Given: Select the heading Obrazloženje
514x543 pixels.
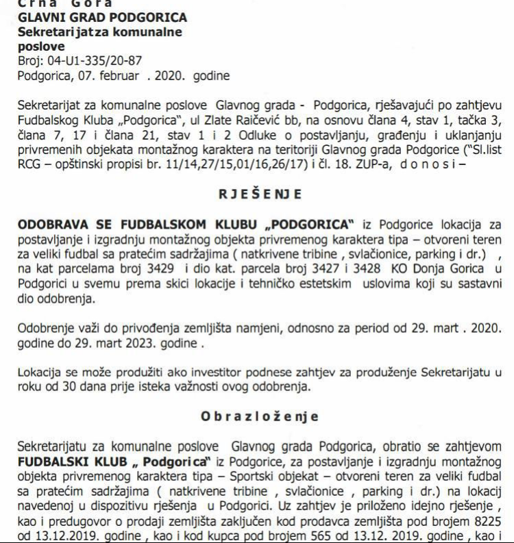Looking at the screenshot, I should coord(260,416).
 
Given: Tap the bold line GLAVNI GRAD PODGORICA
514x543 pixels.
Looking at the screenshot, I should coord(102,17).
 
